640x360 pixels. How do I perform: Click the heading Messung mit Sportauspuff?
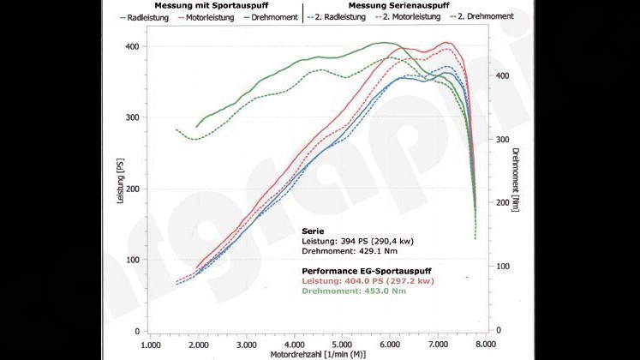tap(202, 5)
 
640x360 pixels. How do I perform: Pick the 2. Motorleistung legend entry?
tap(404, 16)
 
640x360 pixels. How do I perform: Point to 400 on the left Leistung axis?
tap(131, 46)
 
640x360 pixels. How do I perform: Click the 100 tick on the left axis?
tap(131, 260)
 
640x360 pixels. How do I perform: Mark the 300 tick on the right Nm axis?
tap(505, 139)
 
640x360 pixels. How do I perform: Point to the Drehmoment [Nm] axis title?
tap(516, 179)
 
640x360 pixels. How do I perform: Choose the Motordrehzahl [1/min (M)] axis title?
tap(318, 354)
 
